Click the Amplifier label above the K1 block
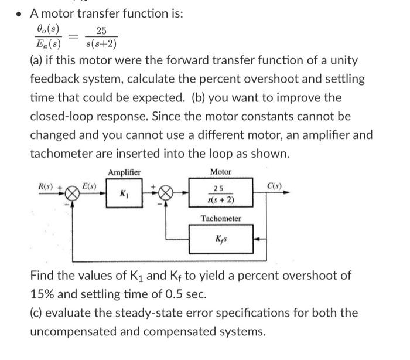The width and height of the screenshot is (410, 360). [x=124, y=172]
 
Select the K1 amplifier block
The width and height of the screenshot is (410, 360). [x=124, y=193]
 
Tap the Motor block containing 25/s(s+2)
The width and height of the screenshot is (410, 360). [x=221, y=193]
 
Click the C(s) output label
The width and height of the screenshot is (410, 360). [x=275, y=185]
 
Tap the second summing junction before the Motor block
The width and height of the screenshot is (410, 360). [x=166, y=193]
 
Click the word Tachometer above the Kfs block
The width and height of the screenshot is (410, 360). [x=221, y=218]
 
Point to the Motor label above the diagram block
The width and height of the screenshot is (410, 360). [x=221, y=172]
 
